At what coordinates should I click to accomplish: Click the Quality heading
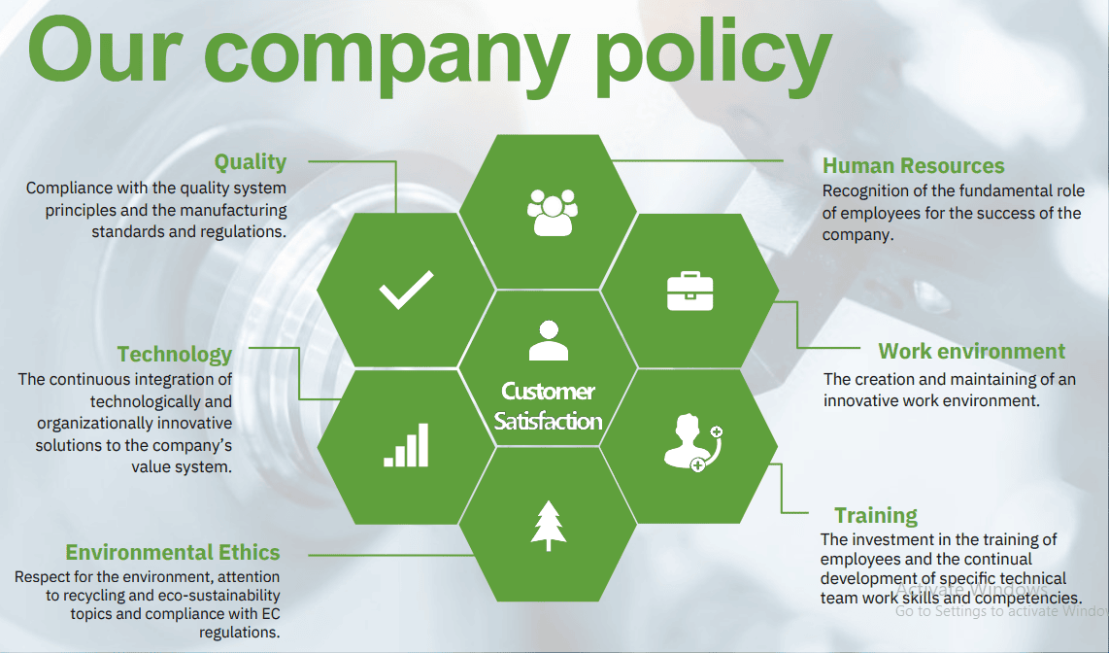click(x=251, y=162)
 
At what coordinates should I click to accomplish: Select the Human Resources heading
click(x=913, y=166)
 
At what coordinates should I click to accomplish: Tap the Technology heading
click(x=175, y=355)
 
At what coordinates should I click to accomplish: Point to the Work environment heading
click(x=971, y=352)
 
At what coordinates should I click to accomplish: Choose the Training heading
click(x=875, y=516)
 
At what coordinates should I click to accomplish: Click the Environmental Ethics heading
click(x=173, y=553)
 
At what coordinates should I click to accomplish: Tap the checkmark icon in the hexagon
click(x=406, y=291)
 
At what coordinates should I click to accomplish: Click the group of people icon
click(x=552, y=212)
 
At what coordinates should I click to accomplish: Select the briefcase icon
click(x=690, y=292)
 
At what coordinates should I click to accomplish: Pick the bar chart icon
click(x=406, y=445)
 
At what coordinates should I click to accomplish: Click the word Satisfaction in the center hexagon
click(x=548, y=422)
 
